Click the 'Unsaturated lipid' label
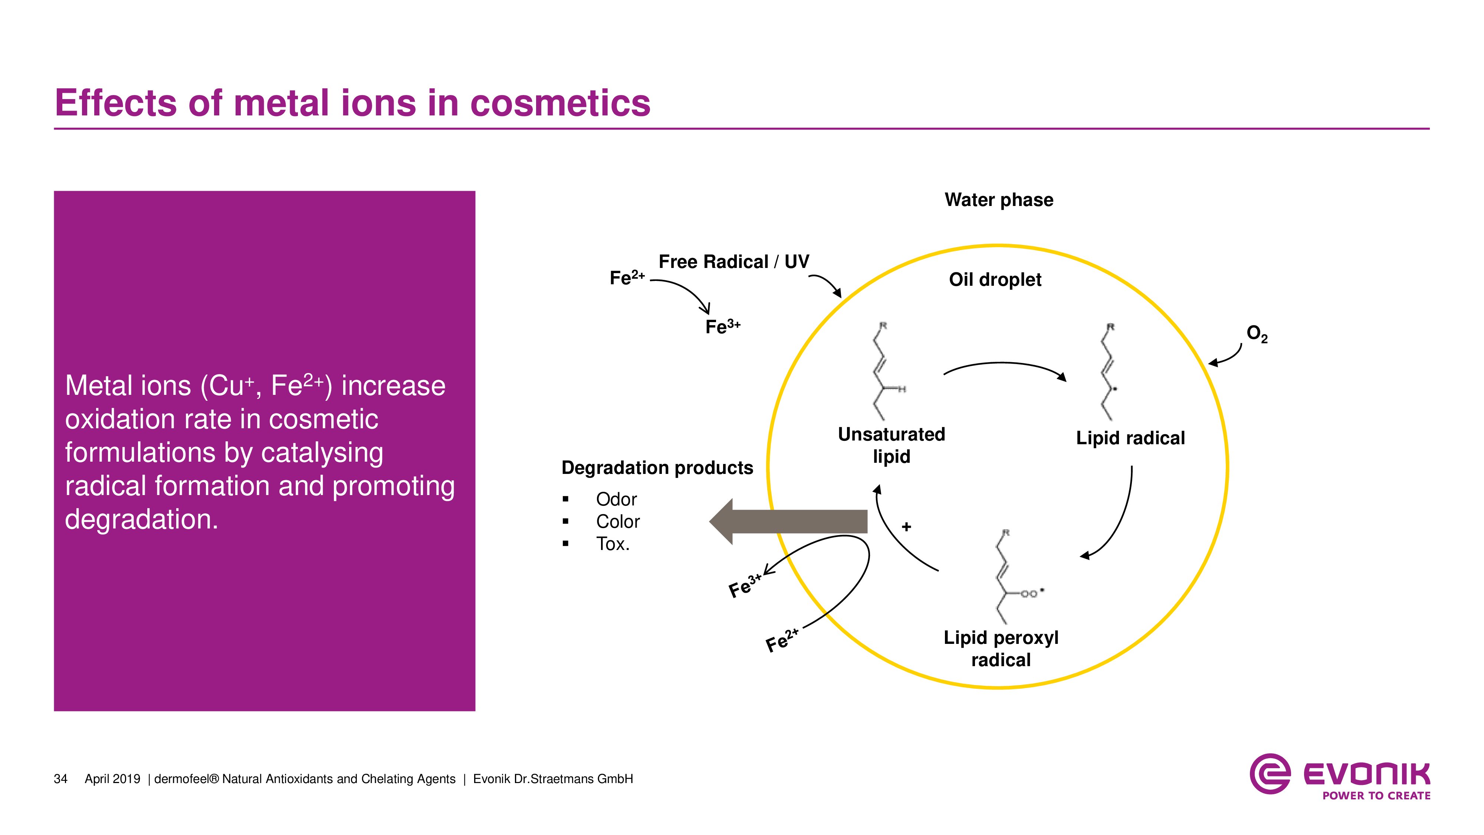coord(891,445)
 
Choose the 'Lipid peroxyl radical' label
coord(1001,648)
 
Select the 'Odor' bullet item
coord(616,499)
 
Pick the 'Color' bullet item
coord(618,521)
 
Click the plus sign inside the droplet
coord(906,527)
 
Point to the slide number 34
coord(60,779)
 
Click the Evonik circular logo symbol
coord(1270,774)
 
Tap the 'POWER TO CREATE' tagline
coord(1376,796)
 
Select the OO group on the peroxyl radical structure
coord(1029,593)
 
